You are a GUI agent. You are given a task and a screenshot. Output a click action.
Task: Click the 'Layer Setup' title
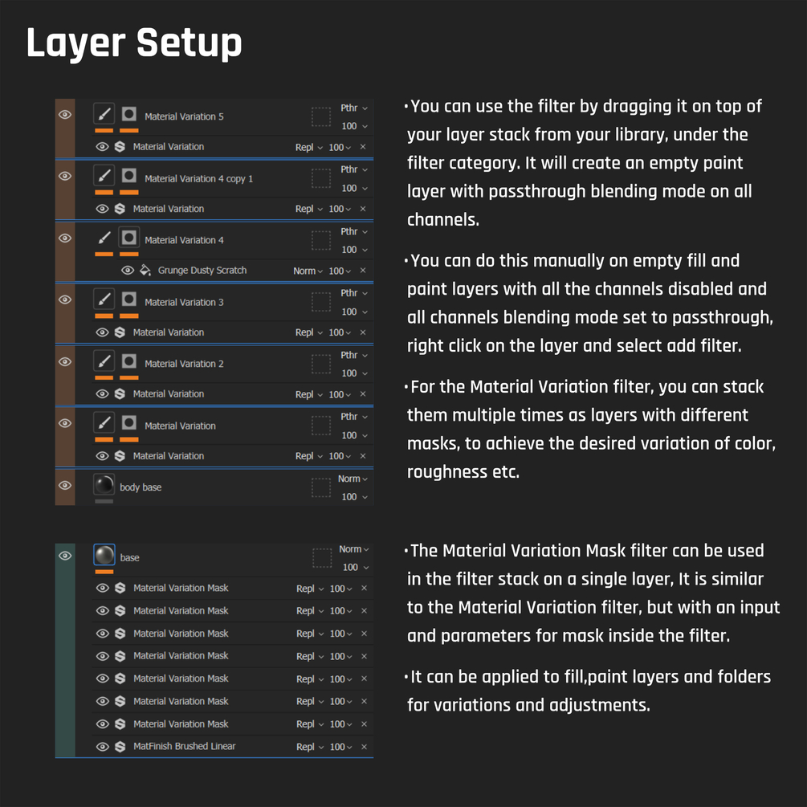click(x=134, y=43)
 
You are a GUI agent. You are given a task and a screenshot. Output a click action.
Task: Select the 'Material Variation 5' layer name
click(x=184, y=116)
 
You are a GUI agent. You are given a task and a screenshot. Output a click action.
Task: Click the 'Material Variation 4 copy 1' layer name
click(x=198, y=178)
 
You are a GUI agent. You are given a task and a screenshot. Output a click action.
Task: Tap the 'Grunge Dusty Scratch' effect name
click(x=202, y=270)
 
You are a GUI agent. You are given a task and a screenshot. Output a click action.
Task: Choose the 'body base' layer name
click(x=141, y=487)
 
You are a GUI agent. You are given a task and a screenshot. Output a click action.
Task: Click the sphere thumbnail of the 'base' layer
click(x=104, y=556)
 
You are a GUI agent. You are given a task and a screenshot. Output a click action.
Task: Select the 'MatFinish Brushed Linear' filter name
click(x=184, y=746)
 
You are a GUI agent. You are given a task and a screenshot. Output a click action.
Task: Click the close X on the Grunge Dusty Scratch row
click(x=363, y=270)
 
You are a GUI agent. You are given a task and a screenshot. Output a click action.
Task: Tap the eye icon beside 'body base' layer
click(x=65, y=485)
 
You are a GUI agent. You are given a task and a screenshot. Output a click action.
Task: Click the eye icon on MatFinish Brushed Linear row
click(x=103, y=746)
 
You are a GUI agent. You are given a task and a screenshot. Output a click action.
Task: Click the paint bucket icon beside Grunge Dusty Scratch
click(x=145, y=270)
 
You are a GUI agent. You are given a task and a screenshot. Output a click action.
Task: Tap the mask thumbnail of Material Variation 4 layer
click(x=128, y=237)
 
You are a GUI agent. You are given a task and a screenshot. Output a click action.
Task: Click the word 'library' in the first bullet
click(x=642, y=135)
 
